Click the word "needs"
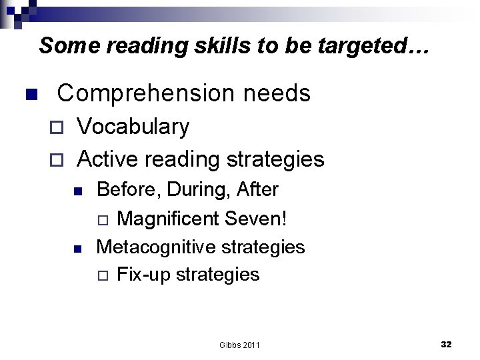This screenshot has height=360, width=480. pos(277,93)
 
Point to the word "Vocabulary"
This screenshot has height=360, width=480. pos(133,127)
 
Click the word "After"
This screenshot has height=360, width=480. pos(257,190)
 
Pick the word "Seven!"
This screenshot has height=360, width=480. pos(256,218)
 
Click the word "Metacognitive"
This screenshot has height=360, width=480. pos(156,247)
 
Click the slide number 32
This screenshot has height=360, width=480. pos(446,344)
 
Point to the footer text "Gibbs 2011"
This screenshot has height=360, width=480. pos(239,345)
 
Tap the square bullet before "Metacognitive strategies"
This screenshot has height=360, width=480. pos(77,248)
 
